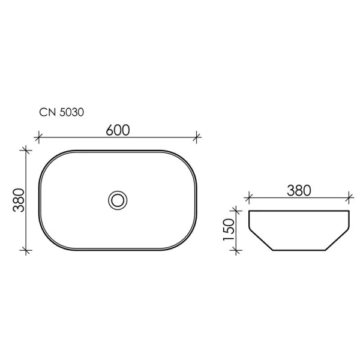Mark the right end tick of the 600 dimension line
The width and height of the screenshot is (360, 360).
point(197,137)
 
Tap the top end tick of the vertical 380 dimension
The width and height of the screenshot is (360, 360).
point(25,150)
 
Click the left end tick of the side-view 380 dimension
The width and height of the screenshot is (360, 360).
point(248,196)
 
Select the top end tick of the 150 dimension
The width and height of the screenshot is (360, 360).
point(239,210)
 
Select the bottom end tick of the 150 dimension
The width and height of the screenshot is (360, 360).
point(239,250)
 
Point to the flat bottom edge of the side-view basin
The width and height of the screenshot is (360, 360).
point(298,250)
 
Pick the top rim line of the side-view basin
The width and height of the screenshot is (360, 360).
point(298,211)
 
